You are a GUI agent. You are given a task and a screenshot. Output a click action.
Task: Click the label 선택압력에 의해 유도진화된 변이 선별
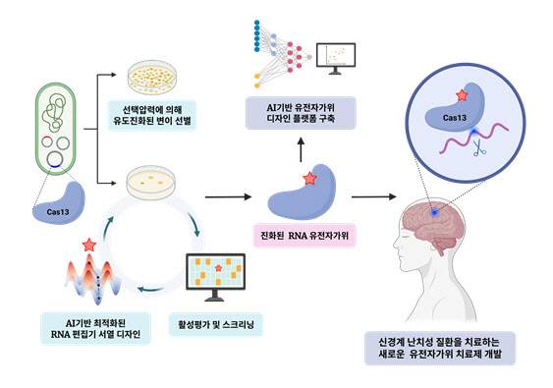pyautogui.click(x=164, y=117)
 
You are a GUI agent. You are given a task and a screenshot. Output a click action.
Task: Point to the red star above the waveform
pyautogui.click(x=90, y=243)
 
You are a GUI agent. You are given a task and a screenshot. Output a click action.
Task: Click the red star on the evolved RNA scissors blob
pyautogui.click(x=310, y=179)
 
